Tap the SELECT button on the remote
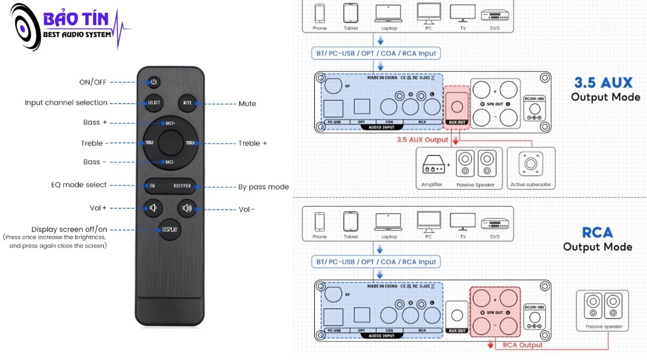pos(154,103)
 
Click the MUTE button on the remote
pos(187,103)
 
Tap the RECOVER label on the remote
pos(182,186)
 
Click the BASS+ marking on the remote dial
pos(170,123)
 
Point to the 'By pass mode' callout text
pos(263,187)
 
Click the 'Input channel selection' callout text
pos(66,103)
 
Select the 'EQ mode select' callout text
pos(79,185)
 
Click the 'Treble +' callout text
pos(253,143)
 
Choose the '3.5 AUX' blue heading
pos(603,83)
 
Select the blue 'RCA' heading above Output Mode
pos(598,233)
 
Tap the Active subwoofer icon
pos(531,164)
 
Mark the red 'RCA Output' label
pos(523,345)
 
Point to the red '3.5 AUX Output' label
pos(423,140)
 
